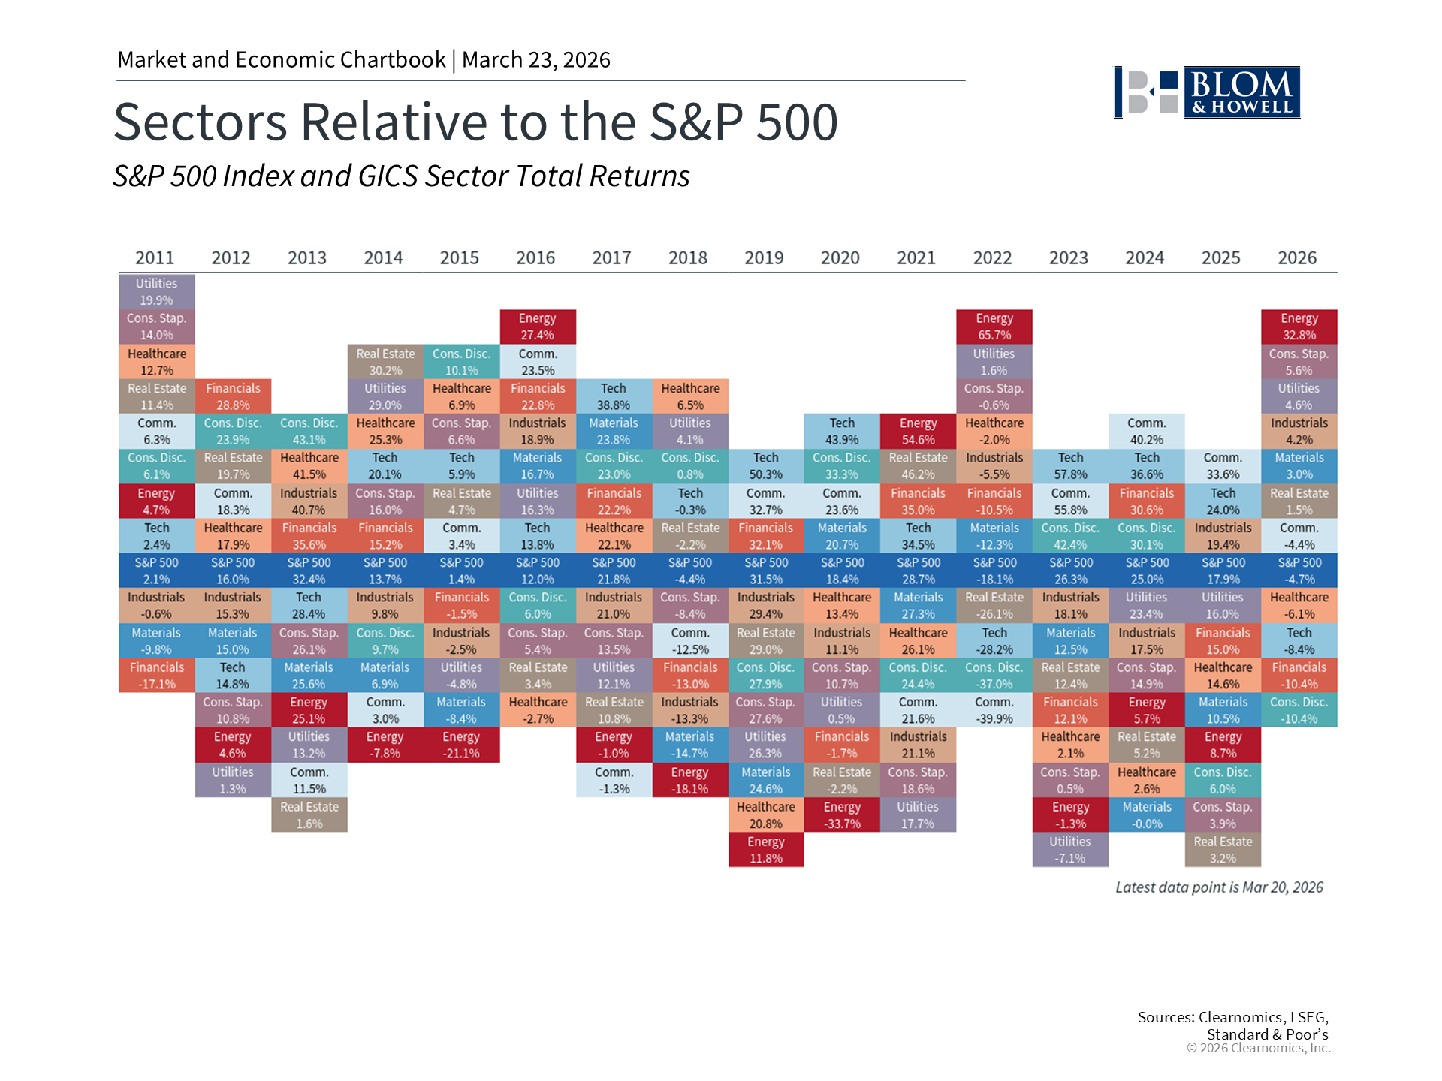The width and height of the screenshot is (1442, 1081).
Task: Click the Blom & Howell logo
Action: pos(1207,92)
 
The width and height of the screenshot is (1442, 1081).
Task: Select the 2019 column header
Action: pos(764,258)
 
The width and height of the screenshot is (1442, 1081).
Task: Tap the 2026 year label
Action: pos(1297,258)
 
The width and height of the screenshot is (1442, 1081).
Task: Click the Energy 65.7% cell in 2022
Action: pos(994,327)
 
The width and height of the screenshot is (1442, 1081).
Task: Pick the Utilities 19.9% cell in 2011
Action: pos(156,292)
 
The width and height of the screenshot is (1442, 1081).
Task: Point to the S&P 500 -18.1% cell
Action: pos(994,571)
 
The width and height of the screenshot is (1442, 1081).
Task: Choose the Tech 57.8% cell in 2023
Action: pos(1070,466)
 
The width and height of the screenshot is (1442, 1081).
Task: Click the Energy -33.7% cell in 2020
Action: pos(841,815)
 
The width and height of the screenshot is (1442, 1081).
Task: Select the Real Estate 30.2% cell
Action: pos(385,362)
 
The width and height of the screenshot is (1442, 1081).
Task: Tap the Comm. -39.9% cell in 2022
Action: pos(994,710)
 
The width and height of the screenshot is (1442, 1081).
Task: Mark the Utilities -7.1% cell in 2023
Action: pos(1070,850)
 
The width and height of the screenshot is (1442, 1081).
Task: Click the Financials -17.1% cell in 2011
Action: pos(156,676)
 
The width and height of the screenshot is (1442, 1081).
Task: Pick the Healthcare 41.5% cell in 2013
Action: pos(309,466)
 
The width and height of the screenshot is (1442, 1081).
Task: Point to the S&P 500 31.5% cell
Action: pos(765,571)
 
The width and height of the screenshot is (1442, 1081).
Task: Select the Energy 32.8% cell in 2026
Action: pos(1299,327)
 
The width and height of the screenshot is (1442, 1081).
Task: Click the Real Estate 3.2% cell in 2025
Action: pos(1223,850)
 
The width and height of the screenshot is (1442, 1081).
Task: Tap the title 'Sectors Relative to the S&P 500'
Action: pos(475,122)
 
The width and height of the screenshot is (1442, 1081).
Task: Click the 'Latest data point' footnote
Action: pos(1219,887)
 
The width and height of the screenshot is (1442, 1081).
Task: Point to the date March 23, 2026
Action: pos(536,60)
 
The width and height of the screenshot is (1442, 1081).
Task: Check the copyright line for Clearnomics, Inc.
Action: pos(1258,1048)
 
